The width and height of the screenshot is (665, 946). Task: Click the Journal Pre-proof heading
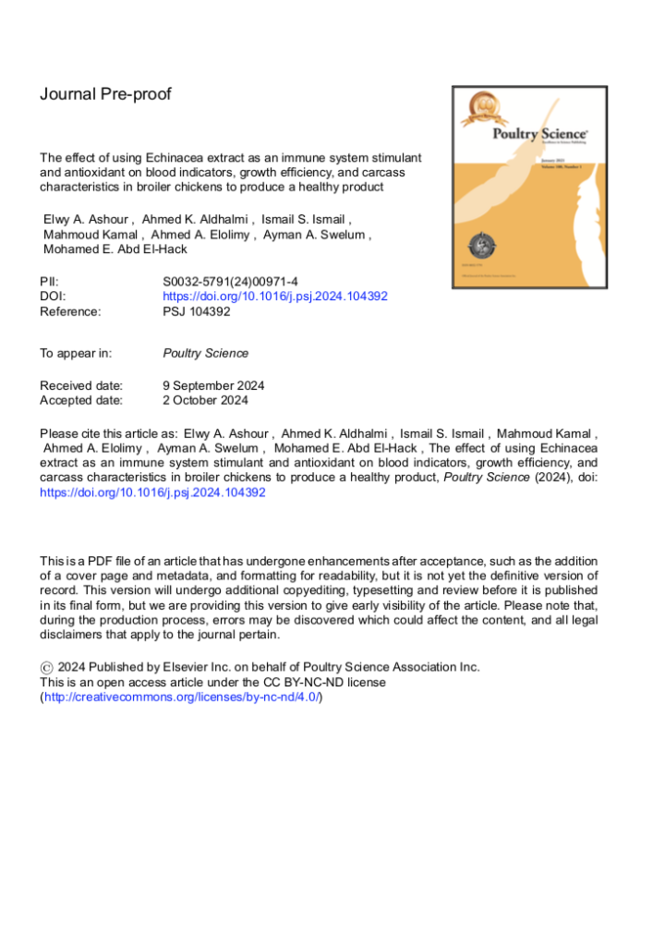[x=105, y=94]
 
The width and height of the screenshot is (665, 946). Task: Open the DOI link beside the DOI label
[x=274, y=297]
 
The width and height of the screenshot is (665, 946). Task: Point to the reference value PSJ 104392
[x=197, y=311]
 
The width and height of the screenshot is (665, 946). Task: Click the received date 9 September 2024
[x=213, y=385]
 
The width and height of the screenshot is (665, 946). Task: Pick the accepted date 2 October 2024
[x=205, y=400]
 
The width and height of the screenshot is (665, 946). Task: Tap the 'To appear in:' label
[x=76, y=353]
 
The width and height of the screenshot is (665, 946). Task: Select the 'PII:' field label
[x=50, y=282]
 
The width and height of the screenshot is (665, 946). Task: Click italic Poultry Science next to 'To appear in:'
[x=205, y=353]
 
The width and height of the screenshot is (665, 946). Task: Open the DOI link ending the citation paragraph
[x=152, y=492]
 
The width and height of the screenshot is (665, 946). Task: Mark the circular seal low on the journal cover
[x=478, y=245]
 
